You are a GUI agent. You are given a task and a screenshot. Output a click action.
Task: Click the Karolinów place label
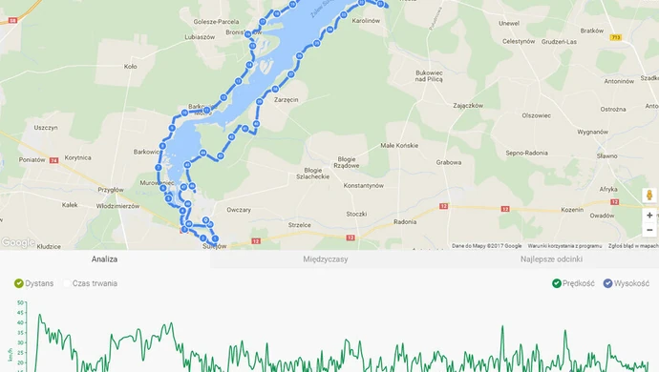point(366,20)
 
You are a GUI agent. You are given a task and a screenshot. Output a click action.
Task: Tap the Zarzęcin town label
point(287,99)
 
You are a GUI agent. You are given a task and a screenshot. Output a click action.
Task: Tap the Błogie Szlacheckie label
point(316,173)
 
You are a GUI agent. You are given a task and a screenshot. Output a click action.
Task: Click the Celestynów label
point(519,41)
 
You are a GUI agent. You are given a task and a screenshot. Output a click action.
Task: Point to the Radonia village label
point(405,221)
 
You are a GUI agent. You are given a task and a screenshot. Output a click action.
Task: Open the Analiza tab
point(105,258)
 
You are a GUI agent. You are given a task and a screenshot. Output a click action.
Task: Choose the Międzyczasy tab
point(326,258)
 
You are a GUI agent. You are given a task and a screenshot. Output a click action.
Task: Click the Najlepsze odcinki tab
point(551,258)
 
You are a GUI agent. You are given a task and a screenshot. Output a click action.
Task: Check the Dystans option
point(19,283)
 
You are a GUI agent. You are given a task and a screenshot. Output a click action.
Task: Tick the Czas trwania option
point(68,283)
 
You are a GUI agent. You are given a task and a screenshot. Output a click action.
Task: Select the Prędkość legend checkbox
point(557,283)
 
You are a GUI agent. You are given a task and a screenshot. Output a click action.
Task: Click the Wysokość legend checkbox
point(607,283)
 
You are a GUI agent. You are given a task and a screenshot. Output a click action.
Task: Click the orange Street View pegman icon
point(649,196)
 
